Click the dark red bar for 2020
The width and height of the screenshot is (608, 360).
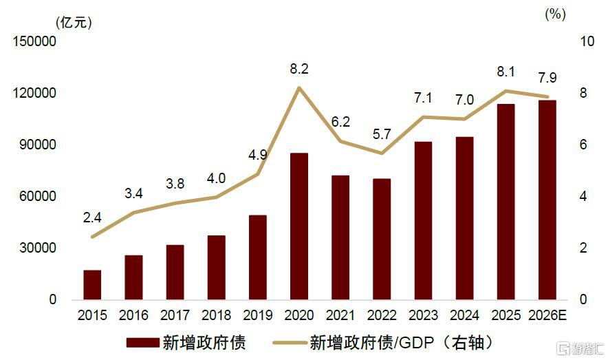coord(299,226)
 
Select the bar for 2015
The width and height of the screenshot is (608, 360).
coord(92,285)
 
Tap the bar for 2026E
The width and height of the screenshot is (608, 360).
coord(547,200)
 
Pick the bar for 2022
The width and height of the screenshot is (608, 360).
coord(382,239)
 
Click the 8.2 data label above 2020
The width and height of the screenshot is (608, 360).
coord(299,69)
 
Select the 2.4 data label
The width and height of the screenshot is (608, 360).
coord(92,218)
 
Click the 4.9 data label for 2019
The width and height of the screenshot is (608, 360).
coord(258,155)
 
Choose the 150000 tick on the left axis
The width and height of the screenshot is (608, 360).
coord(34,42)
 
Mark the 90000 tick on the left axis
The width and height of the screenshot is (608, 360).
coord(37,145)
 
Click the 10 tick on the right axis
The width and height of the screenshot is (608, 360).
coord(568,42)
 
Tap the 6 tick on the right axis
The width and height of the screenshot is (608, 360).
coord(565,145)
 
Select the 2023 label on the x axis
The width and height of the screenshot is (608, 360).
coord(423,316)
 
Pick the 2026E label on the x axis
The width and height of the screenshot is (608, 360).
coord(547,316)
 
